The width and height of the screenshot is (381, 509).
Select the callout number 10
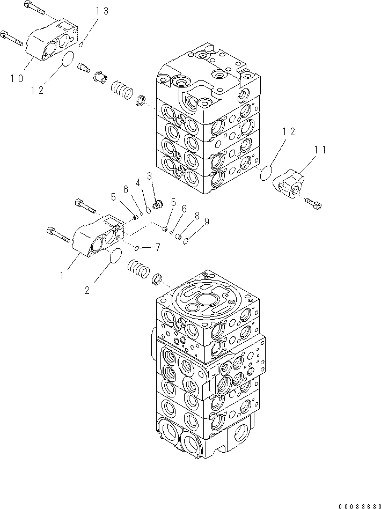coord(16,78)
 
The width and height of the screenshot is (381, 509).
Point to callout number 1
coord(62,276)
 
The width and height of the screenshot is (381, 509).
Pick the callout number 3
coord(149,175)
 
